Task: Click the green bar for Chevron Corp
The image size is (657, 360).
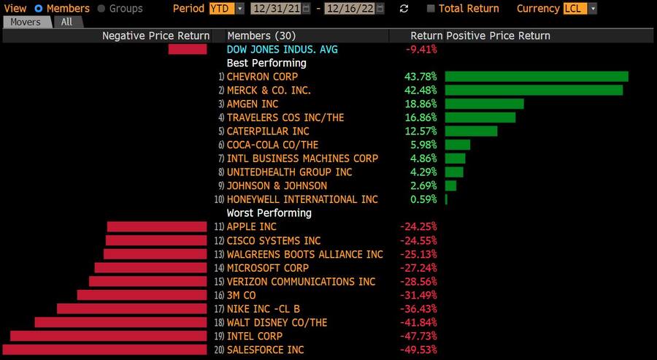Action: [x=537, y=77]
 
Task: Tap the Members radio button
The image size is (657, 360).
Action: [x=39, y=9]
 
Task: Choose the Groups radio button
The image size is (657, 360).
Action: [x=101, y=9]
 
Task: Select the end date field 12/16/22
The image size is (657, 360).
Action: [x=354, y=9]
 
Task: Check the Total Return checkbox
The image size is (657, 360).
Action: [x=431, y=9]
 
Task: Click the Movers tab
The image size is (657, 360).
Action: [x=26, y=22]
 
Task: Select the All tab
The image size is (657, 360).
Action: [x=66, y=22]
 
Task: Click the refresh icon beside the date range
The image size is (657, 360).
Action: [x=404, y=9]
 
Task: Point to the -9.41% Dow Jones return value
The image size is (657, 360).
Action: [x=421, y=50]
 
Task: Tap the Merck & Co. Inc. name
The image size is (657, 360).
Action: [x=268, y=91]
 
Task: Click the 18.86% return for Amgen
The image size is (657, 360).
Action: [x=420, y=104]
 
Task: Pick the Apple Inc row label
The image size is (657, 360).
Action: [x=253, y=227]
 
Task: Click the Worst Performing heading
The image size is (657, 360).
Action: [x=269, y=213]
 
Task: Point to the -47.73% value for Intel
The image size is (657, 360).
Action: [x=418, y=337]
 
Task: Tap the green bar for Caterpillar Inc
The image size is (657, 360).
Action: [x=471, y=131]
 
